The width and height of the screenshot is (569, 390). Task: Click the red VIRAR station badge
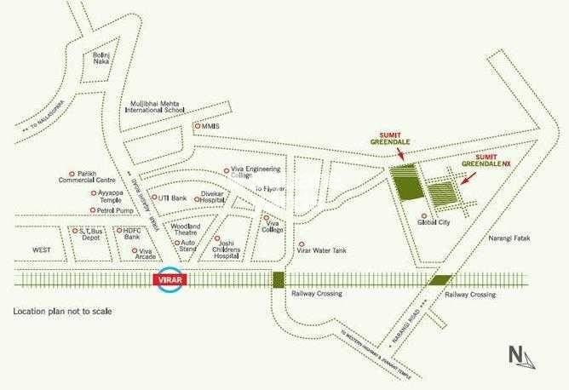(168, 280)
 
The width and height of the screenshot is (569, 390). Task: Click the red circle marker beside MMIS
(197, 126)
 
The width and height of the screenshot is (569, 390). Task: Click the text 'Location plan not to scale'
(62, 313)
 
